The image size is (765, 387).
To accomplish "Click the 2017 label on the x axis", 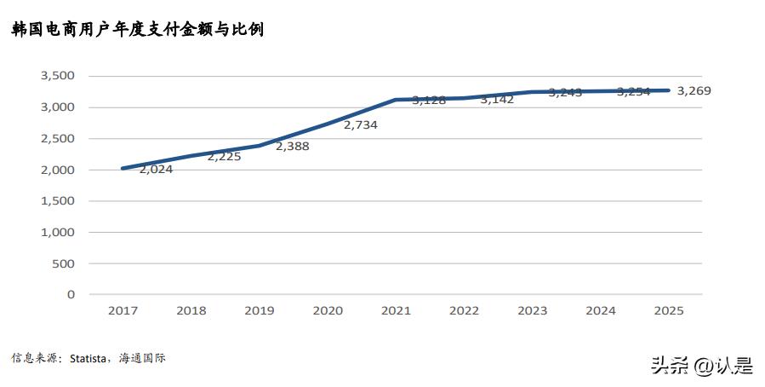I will [123, 311].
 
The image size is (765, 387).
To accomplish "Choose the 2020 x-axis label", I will [328, 311].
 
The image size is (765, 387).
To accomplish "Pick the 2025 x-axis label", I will [668, 311].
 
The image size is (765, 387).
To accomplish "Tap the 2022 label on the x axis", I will [464, 311].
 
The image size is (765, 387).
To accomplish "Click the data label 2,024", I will [156, 169].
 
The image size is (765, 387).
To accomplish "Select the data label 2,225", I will [224, 157].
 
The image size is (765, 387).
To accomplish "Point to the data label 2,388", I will [292, 147].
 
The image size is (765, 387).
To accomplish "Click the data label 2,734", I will [360, 124].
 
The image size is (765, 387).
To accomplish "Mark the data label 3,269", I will [694, 90].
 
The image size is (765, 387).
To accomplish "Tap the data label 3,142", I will [497, 100].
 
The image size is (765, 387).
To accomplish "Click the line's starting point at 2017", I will [123, 168].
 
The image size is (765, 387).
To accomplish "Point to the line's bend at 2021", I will [396, 100].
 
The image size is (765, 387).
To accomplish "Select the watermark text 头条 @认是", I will [702, 366].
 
